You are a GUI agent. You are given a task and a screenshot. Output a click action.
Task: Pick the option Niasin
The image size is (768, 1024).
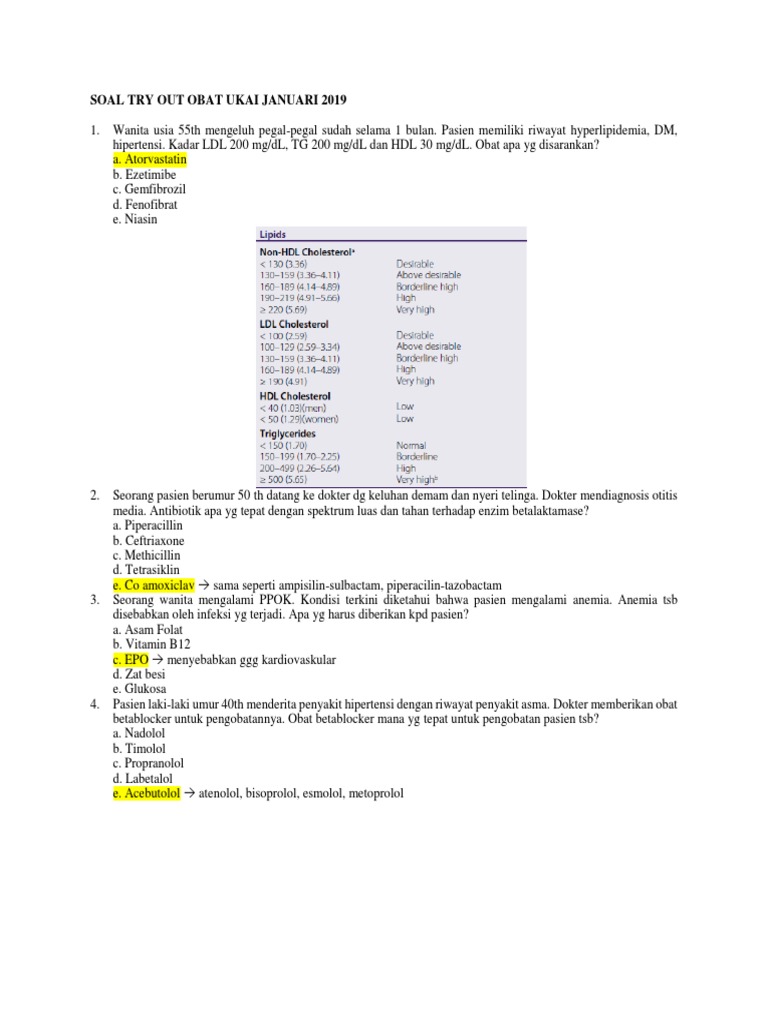tap(137, 220)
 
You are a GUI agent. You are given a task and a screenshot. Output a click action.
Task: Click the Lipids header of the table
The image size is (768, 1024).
tap(273, 234)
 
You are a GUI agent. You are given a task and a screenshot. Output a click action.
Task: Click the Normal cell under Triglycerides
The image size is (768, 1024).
tap(412, 445)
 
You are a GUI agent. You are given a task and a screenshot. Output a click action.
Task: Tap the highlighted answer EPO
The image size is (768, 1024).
tap(131, 660)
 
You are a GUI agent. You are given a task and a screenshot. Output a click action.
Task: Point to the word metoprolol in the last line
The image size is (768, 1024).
tap(372, 794)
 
